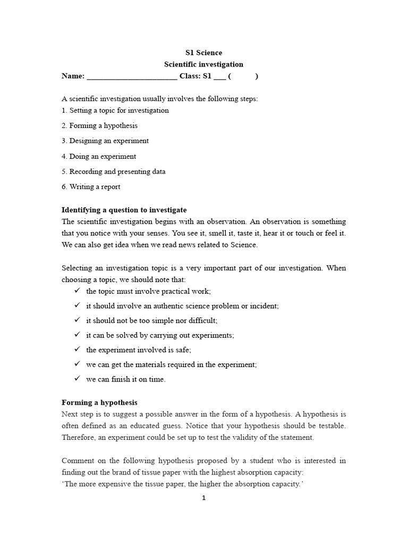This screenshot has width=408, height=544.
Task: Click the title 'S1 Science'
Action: point(203,53)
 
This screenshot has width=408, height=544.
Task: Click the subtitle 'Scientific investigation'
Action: point(203,64)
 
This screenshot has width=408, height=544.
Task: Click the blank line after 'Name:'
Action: point(131,76)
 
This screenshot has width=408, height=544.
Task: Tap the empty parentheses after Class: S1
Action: point(243,76)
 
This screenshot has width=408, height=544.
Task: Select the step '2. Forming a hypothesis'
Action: point(99,126)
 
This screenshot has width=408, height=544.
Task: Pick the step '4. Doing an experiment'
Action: point(99,157)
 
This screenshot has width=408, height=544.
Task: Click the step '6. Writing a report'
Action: point(91,187)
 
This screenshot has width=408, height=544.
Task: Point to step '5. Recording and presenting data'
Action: point(113,172)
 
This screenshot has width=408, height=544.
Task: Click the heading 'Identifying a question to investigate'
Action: point(124,210)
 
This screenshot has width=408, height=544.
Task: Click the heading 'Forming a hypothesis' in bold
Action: point(99,403)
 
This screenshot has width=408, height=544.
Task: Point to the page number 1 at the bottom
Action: point(203,498)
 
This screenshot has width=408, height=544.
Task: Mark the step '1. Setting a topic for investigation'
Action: point(115,110)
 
